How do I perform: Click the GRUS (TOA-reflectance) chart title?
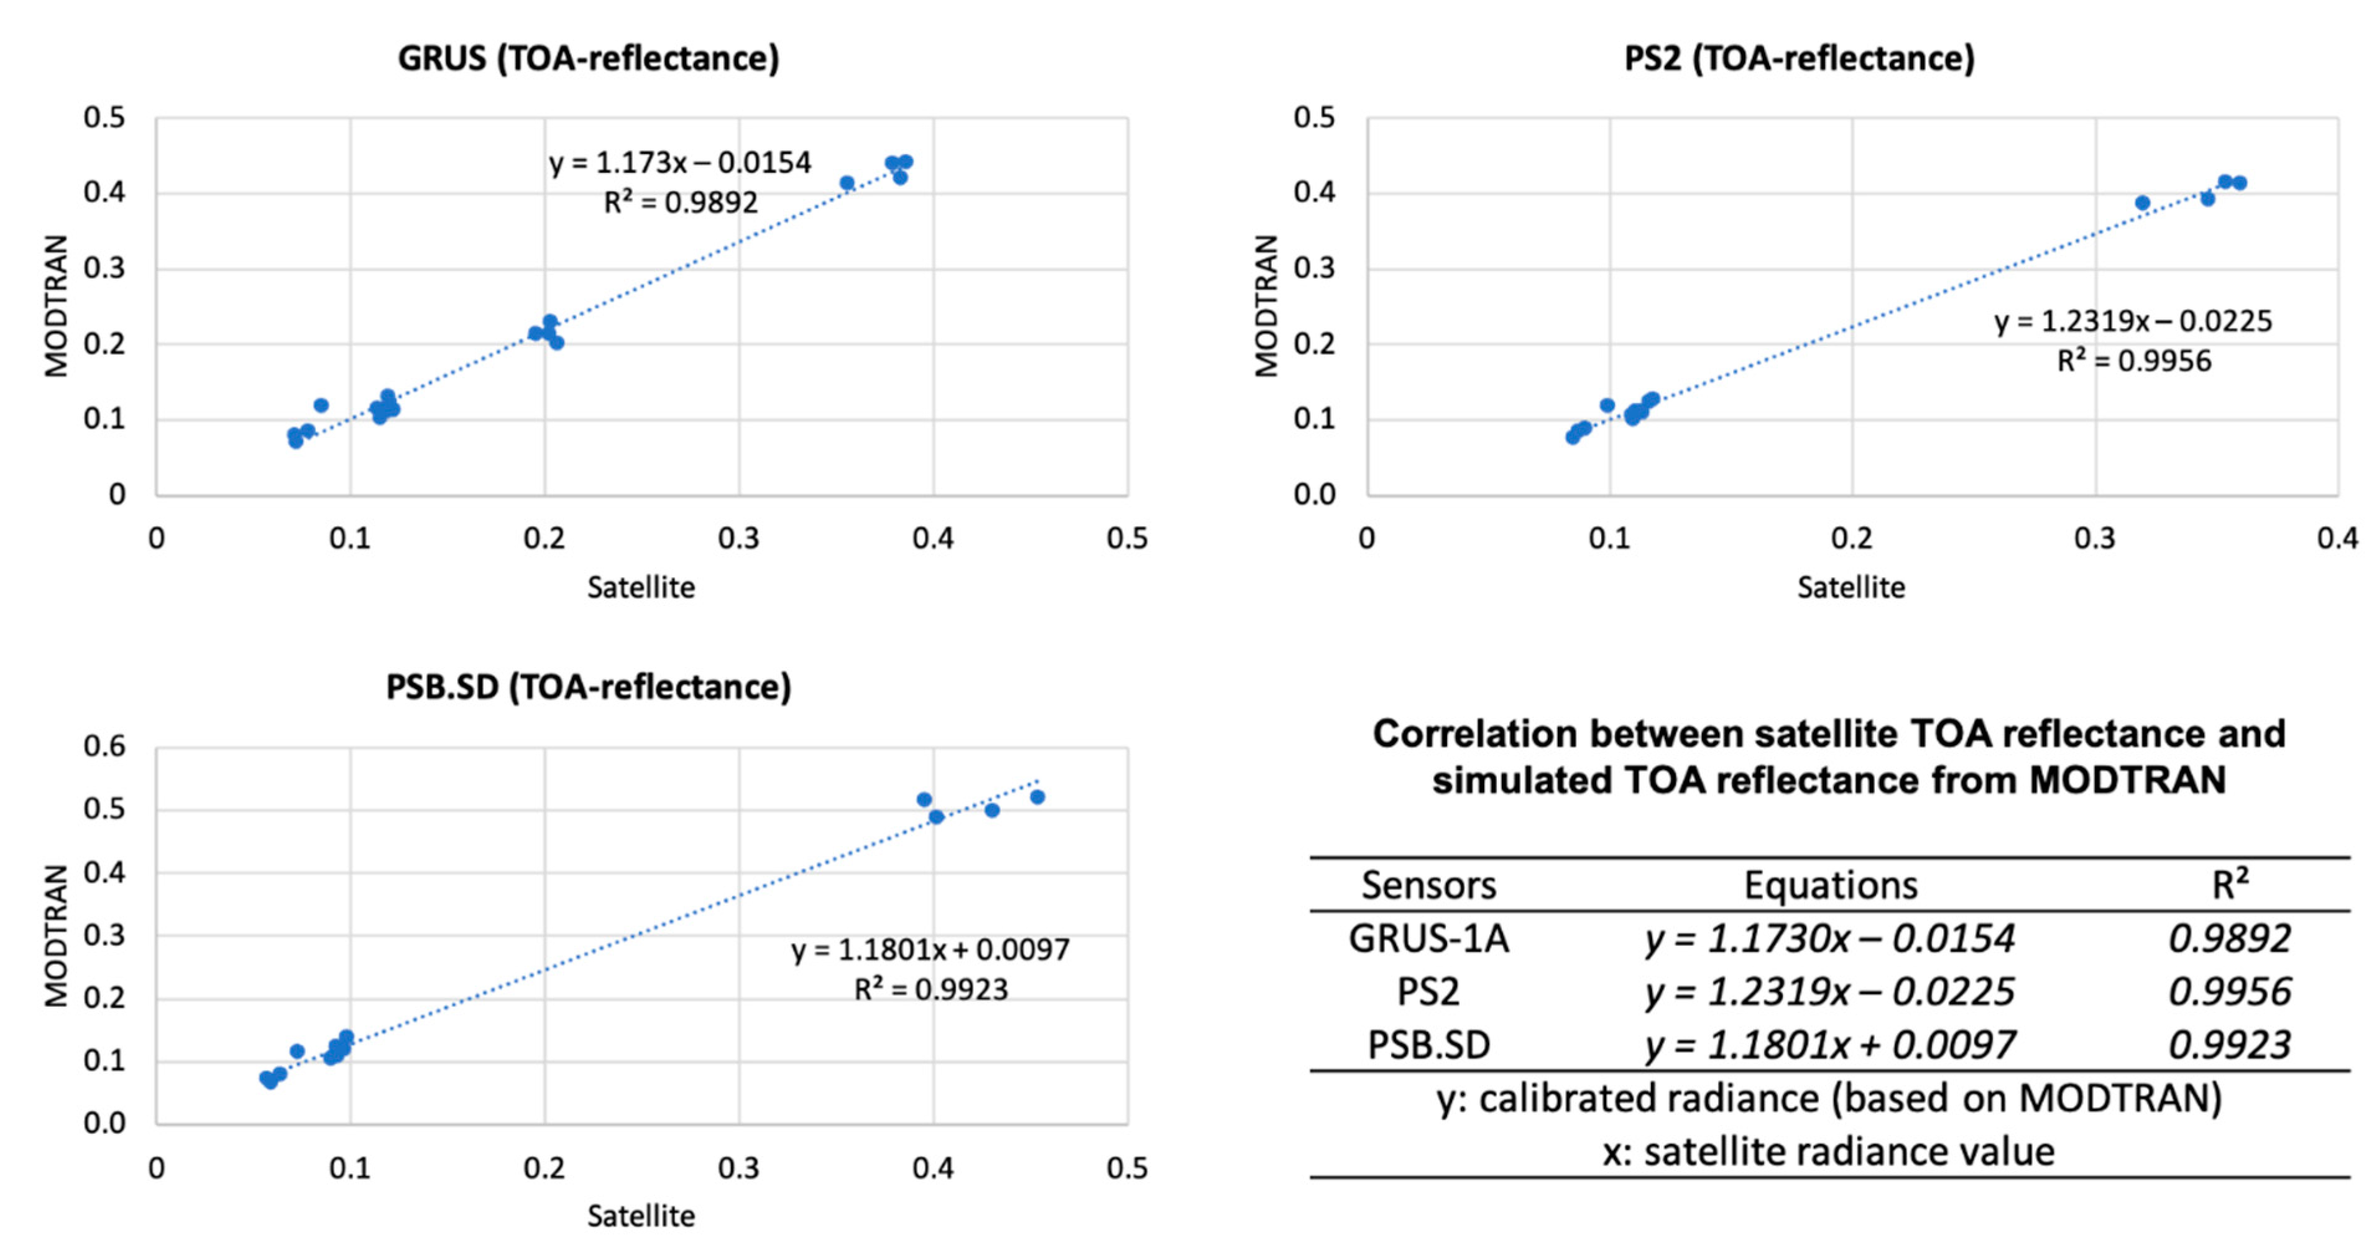[588, 58]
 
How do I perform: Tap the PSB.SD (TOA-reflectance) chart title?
[588, 687]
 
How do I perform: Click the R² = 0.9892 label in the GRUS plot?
[680, 202]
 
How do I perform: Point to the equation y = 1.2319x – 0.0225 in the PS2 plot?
[2133, 321]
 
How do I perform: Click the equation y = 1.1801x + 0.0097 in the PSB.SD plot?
[930, 950]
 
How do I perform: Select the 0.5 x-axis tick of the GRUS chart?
[1127, 538]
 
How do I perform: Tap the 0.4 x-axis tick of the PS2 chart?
[2337, 538]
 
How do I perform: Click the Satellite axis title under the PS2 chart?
[1850, 587]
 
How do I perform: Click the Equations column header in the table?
[1830, 885]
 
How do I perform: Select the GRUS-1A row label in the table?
[1428, 939]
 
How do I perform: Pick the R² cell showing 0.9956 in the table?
[2228, 992]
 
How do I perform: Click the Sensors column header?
[1428, 885]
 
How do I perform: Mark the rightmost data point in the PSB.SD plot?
[1037, 797]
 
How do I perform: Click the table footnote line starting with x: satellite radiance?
[1828, 1152]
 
